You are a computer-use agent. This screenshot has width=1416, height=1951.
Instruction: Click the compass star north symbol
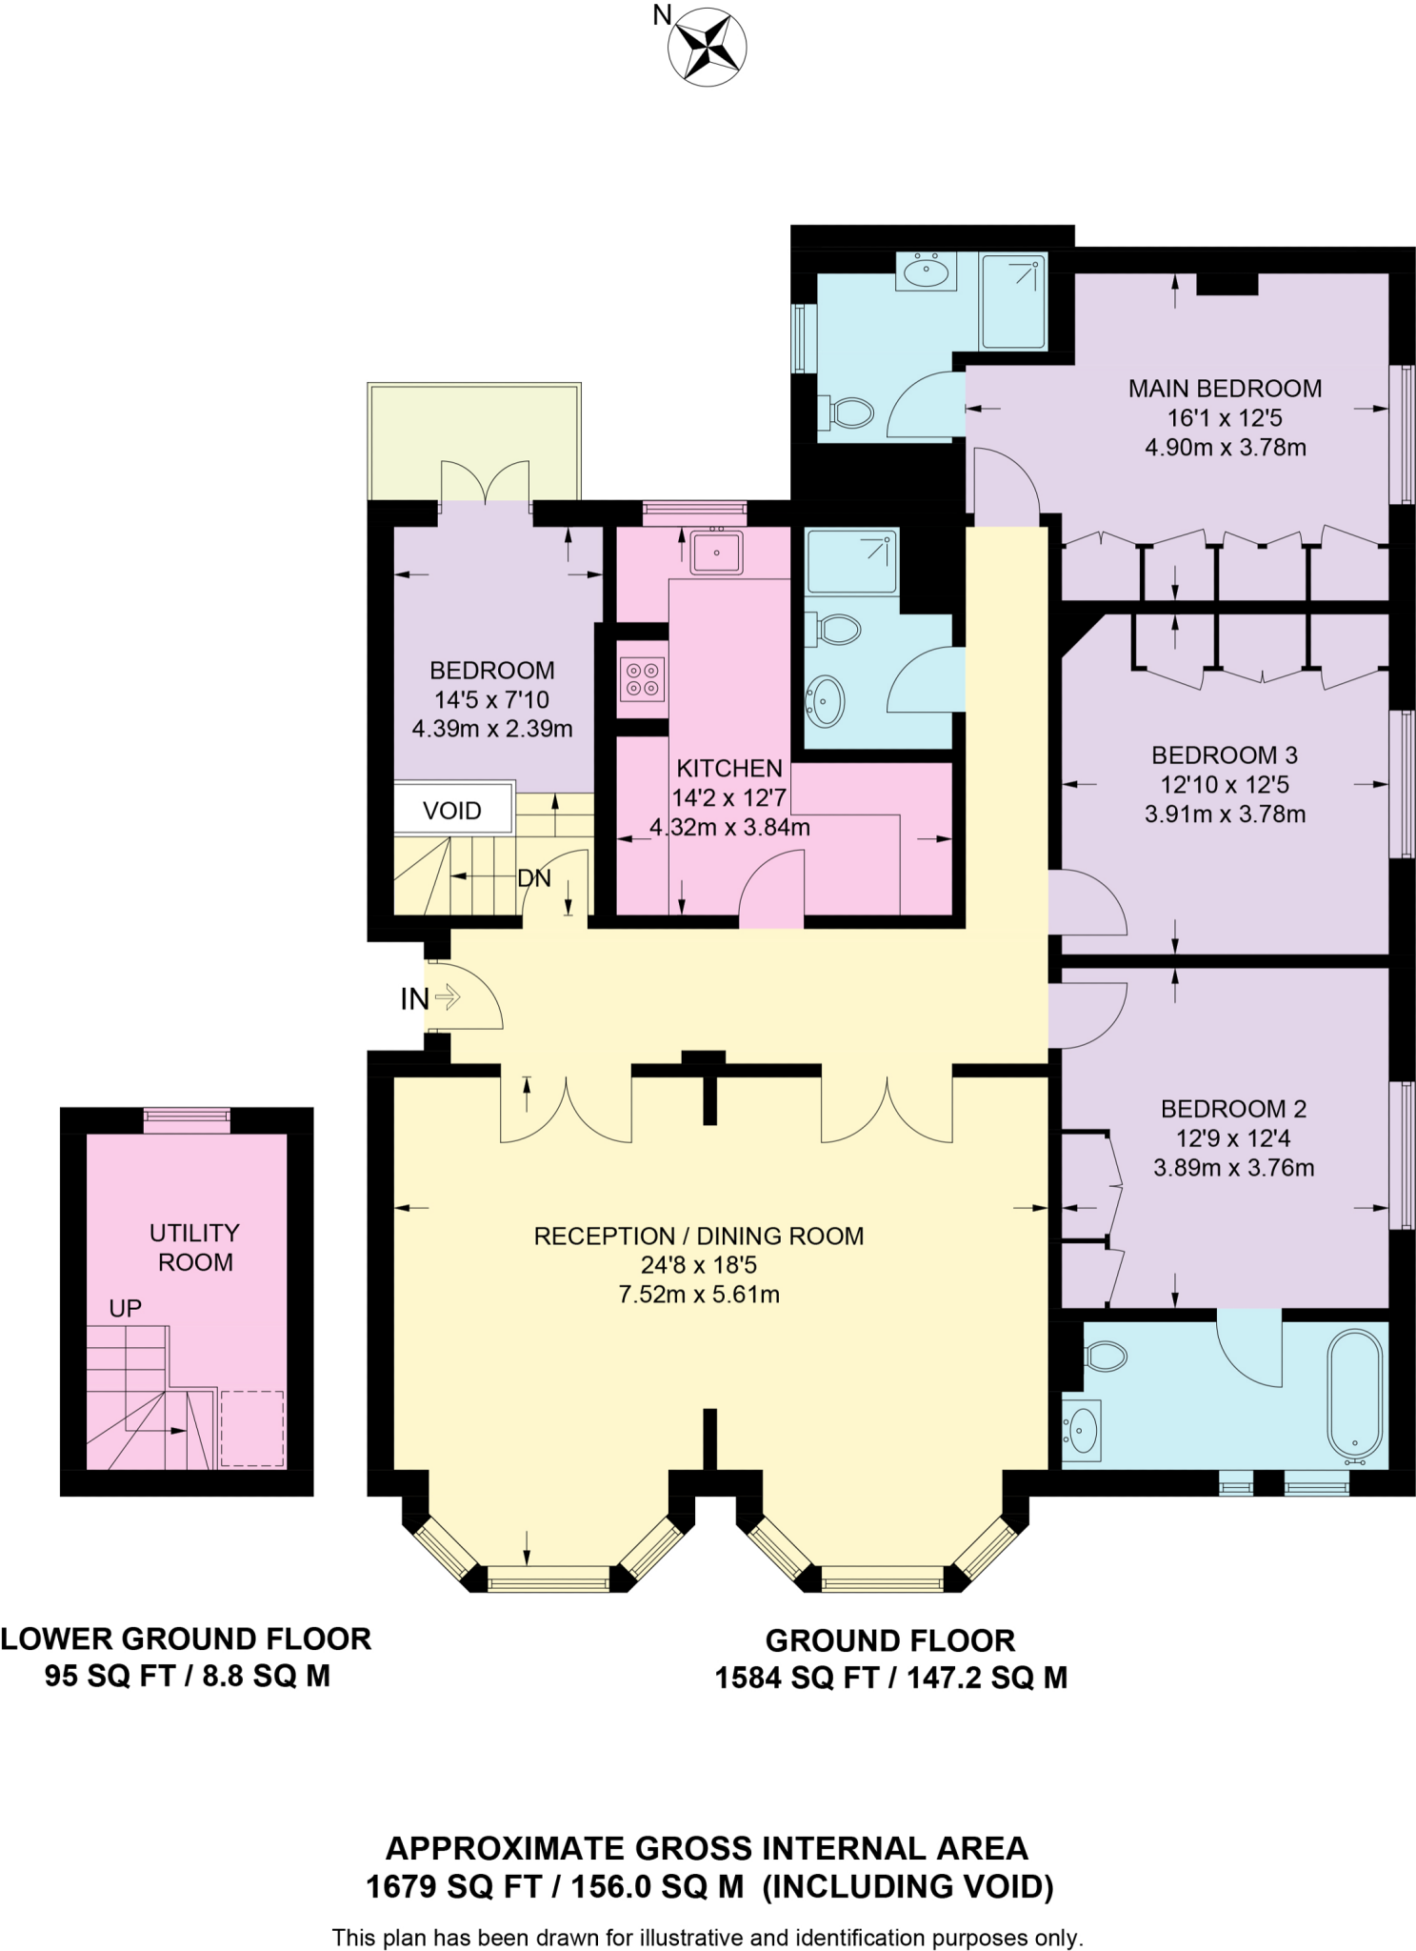point(707,47)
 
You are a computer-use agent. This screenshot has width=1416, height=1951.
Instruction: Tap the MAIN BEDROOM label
point(1225,389)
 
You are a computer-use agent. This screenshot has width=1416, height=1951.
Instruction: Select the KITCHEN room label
point(729,768)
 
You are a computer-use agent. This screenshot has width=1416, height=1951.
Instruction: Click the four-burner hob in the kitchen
point(641,679)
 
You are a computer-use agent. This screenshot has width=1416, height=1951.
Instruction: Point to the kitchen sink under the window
point(717,553)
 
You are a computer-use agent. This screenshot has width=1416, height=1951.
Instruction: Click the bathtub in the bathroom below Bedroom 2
point(1355,1396)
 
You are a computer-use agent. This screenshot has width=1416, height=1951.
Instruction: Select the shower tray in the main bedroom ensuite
point(1013,300)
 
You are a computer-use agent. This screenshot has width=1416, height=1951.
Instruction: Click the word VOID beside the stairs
point(452,811)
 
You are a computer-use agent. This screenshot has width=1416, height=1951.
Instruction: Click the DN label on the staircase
point(534,878)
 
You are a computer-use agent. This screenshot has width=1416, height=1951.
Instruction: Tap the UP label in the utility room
point(125,1308)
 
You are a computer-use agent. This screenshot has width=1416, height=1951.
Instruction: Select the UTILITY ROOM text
point(194,1247)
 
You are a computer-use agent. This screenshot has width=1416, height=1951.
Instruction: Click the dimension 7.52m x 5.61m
point(699,1295)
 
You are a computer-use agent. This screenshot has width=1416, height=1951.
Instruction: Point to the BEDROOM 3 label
point(1225,755)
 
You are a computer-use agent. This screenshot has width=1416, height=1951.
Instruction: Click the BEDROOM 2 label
point(1233,1109)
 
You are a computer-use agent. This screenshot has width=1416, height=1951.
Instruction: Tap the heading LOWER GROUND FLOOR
point(186,1639)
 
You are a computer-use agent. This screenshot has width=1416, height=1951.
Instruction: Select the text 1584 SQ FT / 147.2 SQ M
point(890,1678)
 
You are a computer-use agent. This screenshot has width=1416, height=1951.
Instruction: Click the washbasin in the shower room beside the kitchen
point(825,701)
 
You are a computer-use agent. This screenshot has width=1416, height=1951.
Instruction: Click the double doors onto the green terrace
point(485,482)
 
